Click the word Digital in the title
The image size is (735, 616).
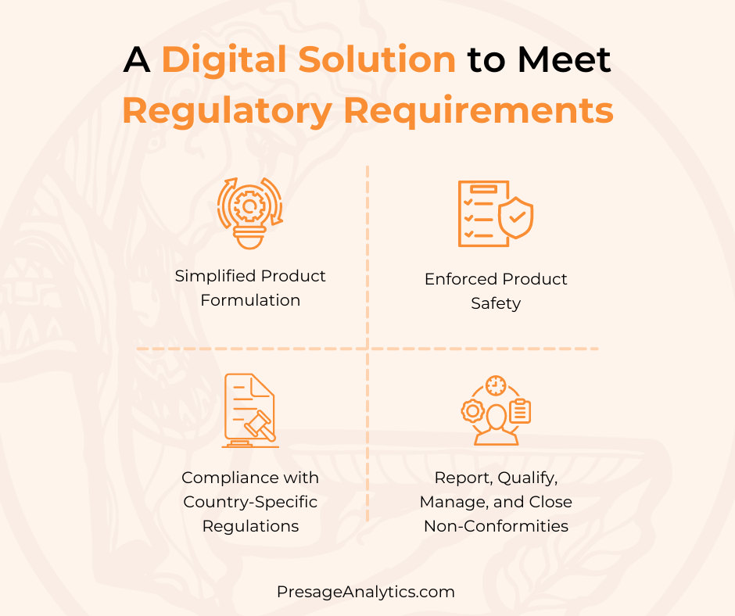224,60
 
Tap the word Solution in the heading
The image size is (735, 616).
377,59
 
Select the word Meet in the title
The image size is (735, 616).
564,59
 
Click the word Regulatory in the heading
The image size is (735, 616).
228,112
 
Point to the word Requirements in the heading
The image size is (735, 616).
479,111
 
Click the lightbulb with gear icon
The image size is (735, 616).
250,213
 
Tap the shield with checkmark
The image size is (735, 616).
515,217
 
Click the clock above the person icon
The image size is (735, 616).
496,386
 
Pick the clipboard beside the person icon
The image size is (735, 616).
520,411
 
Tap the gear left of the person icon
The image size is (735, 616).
472,411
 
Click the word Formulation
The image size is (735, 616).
250,300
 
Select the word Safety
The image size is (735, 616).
496,303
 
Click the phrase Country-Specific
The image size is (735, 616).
250,502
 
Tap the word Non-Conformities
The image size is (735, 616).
496,526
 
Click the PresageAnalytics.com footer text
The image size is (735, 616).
366,592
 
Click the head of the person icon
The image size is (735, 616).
496,417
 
